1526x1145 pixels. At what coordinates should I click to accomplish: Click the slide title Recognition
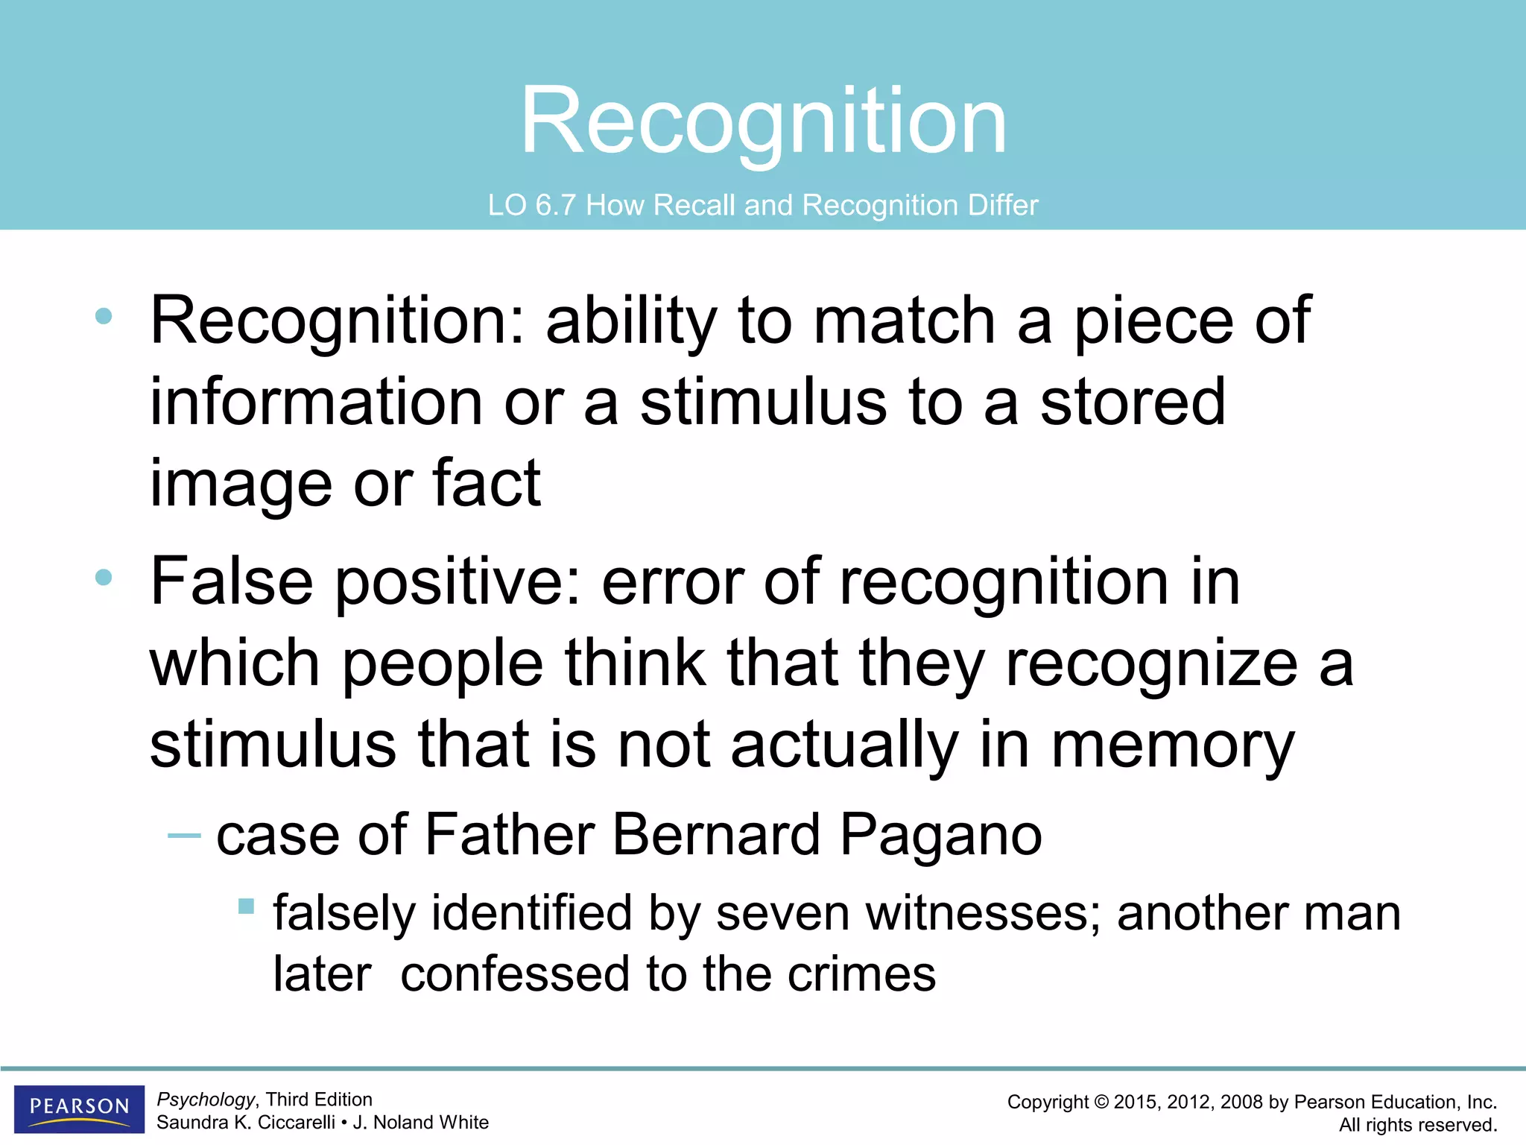(x=763, y=121)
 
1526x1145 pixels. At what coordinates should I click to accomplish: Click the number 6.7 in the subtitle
(x=554, y=205)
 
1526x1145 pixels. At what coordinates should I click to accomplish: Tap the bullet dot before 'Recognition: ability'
(x=104, y=317)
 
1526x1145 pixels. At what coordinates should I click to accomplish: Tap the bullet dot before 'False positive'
(x=104, y=577)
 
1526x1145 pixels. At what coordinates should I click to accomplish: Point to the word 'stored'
(x=1133, y=402)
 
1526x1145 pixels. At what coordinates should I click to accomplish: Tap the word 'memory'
(x=1173, y=745)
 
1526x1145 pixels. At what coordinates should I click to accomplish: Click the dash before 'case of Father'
(x=184, y=836)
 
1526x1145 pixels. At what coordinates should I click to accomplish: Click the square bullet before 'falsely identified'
(x=246, y=906)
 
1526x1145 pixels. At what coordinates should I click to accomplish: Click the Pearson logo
(x=79, y=1108)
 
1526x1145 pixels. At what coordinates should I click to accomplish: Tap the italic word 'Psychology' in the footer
(x=206, y=1099)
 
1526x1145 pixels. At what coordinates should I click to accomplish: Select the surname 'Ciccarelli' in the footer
(x=297, y=1122)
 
